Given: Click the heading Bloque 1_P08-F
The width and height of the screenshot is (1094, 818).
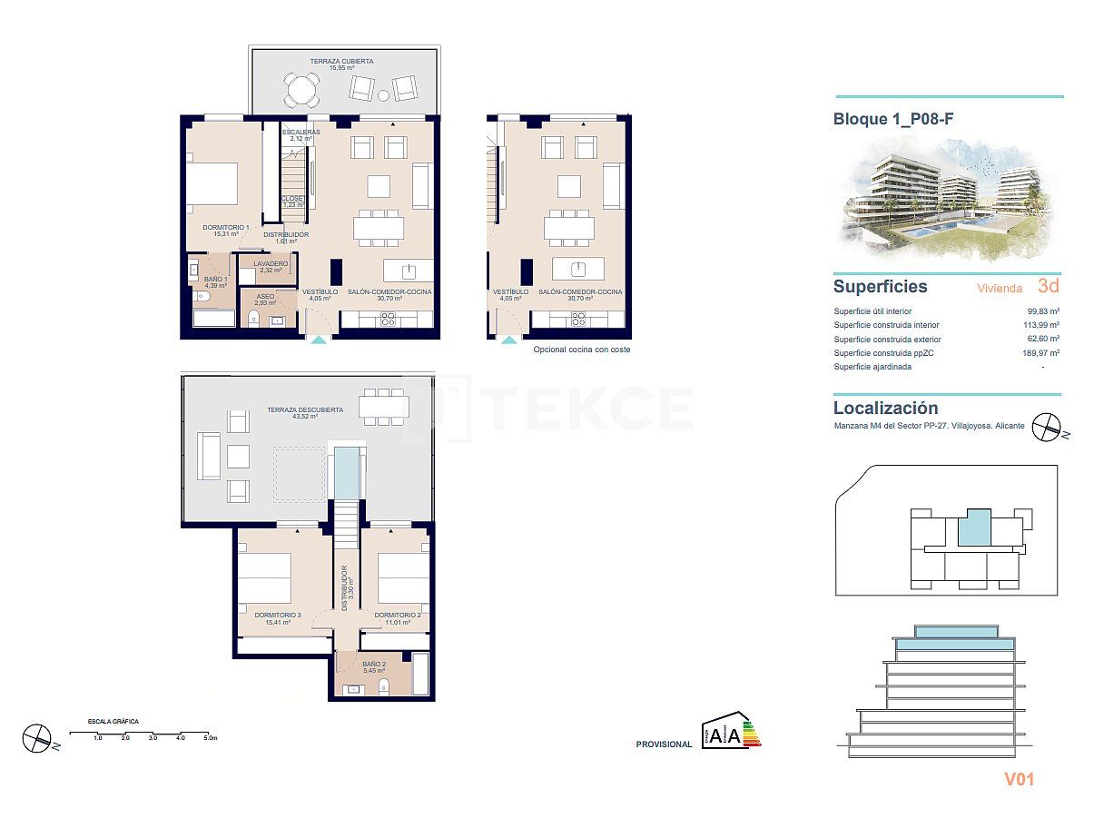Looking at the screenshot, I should pyautogui.click(x=893, y=119).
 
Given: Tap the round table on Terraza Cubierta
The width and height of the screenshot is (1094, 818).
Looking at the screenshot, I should pyautogui.click(x=301, y=90).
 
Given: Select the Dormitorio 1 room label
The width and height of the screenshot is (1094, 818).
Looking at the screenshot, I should pyautogui.click(x=226, y=231).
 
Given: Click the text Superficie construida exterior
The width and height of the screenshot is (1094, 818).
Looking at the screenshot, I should pyautogui.click(x=887, y=339).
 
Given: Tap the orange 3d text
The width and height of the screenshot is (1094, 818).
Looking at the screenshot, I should pyautogui.click(x=1049, y=286).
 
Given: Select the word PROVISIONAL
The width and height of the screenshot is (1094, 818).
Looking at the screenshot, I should pyautogui.click(x=664, y=744).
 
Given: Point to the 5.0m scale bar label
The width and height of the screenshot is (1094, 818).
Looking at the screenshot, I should pyautogui.click(x=210, y=738).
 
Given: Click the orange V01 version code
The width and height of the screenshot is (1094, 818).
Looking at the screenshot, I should pyautogui.click(x=1019, y=779).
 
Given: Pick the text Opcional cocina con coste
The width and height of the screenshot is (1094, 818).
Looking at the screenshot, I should pyautogui.click(x=581, y=349).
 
